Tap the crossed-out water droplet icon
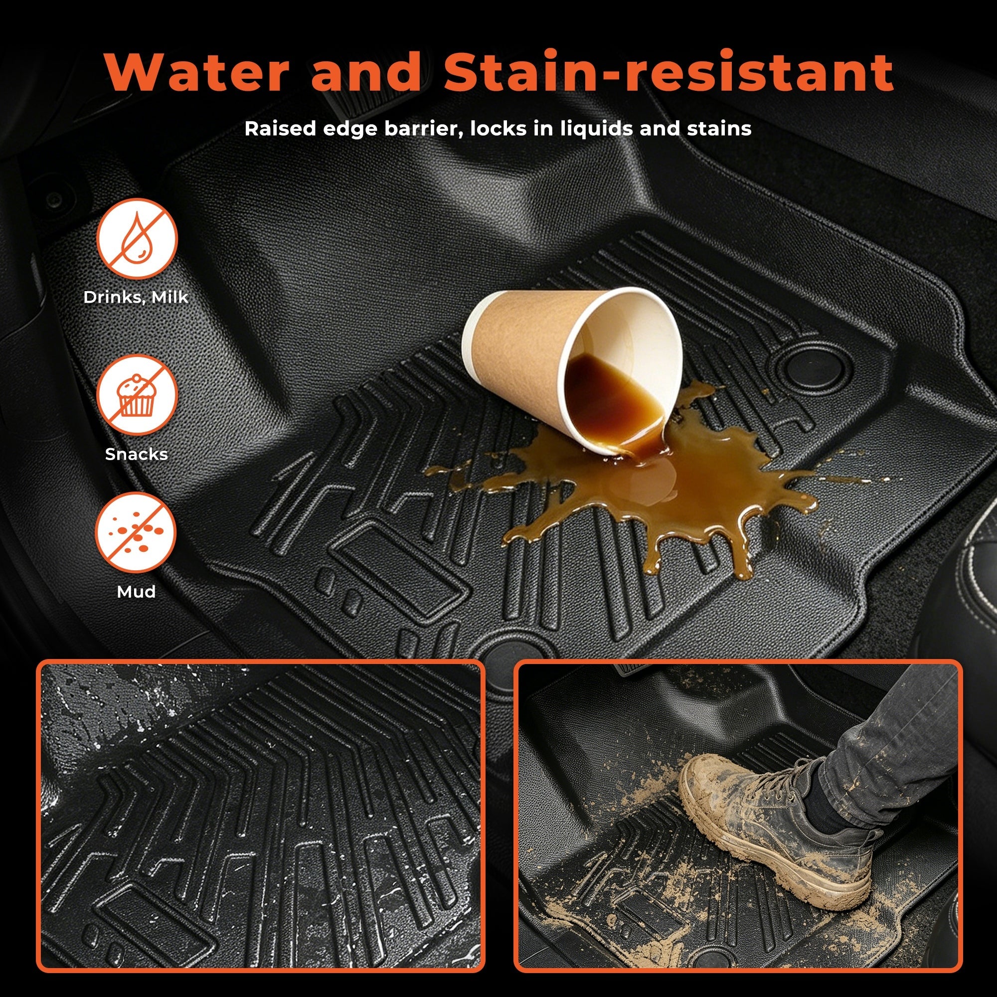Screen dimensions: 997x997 pyautogui.click(x=137, y=239)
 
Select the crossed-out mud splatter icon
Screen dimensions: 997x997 pyautogui.click(x=136, y=532)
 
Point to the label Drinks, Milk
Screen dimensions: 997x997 pyautogui.click(x=136, y=297)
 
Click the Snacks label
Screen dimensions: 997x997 pyautogui.click(x=136, y=454)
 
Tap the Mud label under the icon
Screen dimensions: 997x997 pyautogui.click(x=136, y=591)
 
